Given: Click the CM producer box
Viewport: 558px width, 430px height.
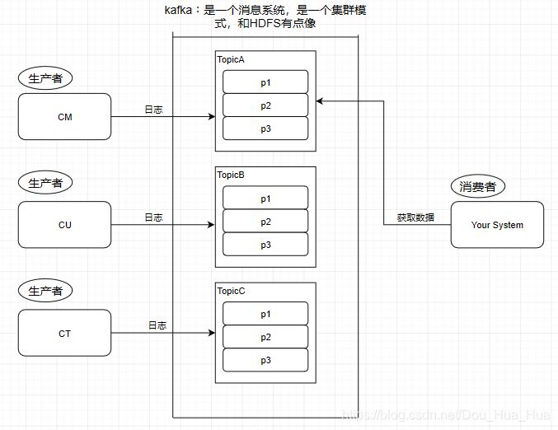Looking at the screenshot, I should (x=64, y=117).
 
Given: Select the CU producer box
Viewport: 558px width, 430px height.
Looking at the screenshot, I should (x=64, y=225).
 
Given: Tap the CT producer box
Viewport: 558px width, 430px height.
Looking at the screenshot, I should (x=64, y=333).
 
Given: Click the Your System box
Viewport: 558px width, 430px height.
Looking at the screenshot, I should (x=497, y=225).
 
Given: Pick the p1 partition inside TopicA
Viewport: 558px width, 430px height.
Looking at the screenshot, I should (x=265, y=82).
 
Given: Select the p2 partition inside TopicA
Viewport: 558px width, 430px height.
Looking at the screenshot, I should (x=265, y=105).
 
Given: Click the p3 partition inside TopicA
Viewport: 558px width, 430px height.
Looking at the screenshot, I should (x=265, y=129).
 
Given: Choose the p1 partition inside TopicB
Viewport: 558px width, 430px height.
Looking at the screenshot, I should (x=265, y=199).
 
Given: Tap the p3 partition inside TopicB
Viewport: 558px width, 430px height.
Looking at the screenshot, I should (x=265, y=245).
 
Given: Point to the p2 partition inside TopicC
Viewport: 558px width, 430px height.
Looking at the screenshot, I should (x=265, y=337).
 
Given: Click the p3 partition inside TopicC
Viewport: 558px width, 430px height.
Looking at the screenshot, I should (x=265, y=360).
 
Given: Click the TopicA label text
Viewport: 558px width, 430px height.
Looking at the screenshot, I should (x=232, y=60).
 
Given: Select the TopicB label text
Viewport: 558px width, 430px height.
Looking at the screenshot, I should (x=232, y=175).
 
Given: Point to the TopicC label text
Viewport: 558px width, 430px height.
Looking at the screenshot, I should (x=232, y=291).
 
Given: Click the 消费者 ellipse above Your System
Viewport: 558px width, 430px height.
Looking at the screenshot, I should (x=477, y=186).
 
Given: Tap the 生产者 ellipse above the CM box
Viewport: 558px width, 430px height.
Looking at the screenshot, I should (x=45, y=78).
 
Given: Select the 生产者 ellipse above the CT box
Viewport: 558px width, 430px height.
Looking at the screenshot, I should (x=45, y=291).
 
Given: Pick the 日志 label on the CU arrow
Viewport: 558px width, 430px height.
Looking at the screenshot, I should (x=153, y=217).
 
